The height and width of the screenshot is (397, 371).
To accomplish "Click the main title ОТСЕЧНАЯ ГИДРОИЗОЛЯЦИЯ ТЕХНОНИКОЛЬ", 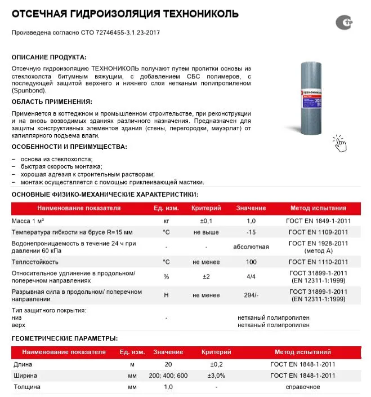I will (125, 14).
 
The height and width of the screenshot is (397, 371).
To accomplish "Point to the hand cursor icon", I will (339, 143).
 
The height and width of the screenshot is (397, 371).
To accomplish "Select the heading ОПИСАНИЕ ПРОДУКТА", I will (49, 57).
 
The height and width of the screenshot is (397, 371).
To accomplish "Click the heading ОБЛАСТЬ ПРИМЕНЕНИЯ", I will (51, 102).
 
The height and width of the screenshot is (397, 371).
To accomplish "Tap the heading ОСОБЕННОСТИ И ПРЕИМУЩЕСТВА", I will (69, 147).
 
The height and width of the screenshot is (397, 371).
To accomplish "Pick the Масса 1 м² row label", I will (28, 221).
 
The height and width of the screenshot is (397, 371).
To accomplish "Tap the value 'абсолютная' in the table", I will (251, 247).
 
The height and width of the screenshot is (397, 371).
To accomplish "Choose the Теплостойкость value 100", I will (251, 262).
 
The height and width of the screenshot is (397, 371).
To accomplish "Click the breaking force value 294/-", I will (251, 295).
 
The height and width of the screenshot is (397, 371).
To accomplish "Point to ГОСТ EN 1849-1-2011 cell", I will (318, 221).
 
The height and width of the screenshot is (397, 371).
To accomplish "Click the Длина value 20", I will (168, 364).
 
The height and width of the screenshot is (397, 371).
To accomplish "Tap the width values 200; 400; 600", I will (168, 376).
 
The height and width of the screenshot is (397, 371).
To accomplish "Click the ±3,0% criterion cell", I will (217, 376).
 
